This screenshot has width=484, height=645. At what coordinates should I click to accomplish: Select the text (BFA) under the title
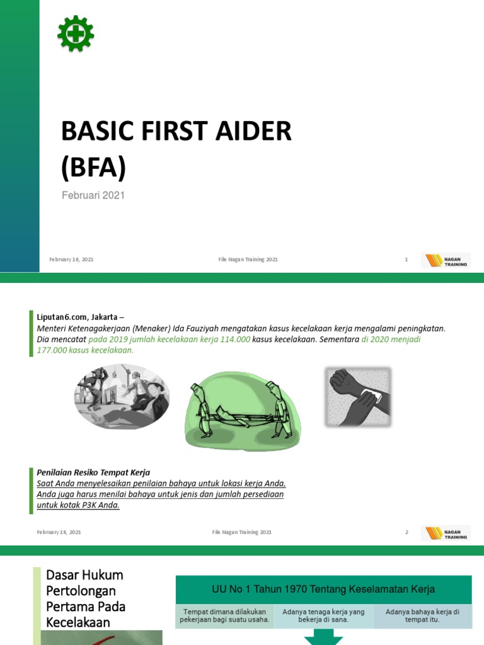[93, 167]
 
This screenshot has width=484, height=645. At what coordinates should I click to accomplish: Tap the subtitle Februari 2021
[93, 195]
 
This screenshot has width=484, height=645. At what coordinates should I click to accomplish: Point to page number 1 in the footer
[406, 260]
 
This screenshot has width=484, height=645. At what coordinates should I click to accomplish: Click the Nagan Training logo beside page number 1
[446, 260]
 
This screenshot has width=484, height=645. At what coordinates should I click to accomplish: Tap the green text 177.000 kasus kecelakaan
[86, 350]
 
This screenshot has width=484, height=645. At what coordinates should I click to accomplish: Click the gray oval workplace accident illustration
[122, 397]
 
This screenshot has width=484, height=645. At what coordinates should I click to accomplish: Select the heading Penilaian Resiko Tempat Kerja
[93, 472]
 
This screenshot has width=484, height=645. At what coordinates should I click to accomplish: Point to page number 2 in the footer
[406, 532]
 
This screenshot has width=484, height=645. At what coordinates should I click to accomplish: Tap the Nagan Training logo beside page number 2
[446, 533]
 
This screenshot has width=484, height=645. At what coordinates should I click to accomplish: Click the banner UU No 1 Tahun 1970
[323, 590]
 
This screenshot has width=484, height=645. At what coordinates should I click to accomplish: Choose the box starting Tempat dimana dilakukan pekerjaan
[224, 615]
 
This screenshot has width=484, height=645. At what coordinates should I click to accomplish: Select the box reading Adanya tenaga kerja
[323, 615]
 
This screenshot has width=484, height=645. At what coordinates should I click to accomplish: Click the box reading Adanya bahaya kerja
[422, 615]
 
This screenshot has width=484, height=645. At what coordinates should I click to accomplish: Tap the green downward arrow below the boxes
[323, 638]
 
